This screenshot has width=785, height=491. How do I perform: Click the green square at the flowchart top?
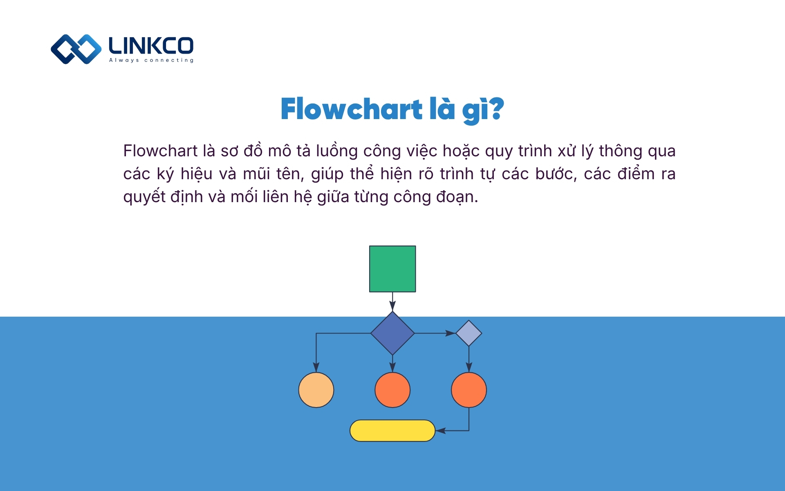(392, 269)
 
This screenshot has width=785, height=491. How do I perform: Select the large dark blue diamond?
(392, 333)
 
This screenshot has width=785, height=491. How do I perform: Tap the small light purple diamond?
(469, 333)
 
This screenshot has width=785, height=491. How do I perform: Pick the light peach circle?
(316, 390)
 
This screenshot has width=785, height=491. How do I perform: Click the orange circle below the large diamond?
(392, 390)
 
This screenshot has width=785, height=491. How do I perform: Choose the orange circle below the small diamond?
(469, 390)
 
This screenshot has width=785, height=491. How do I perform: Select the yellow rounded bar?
(392, 430)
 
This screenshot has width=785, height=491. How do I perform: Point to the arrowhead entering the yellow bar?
(440, 430)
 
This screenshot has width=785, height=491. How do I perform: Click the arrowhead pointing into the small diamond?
(451, 333)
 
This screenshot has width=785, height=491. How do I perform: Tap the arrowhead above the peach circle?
(316, 367)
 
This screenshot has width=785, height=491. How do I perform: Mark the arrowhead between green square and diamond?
(392, 306)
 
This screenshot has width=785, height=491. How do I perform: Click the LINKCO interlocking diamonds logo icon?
(76, 49)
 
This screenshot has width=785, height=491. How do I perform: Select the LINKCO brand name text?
(151, 45)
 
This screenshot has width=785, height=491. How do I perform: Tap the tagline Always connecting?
(151, 60)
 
